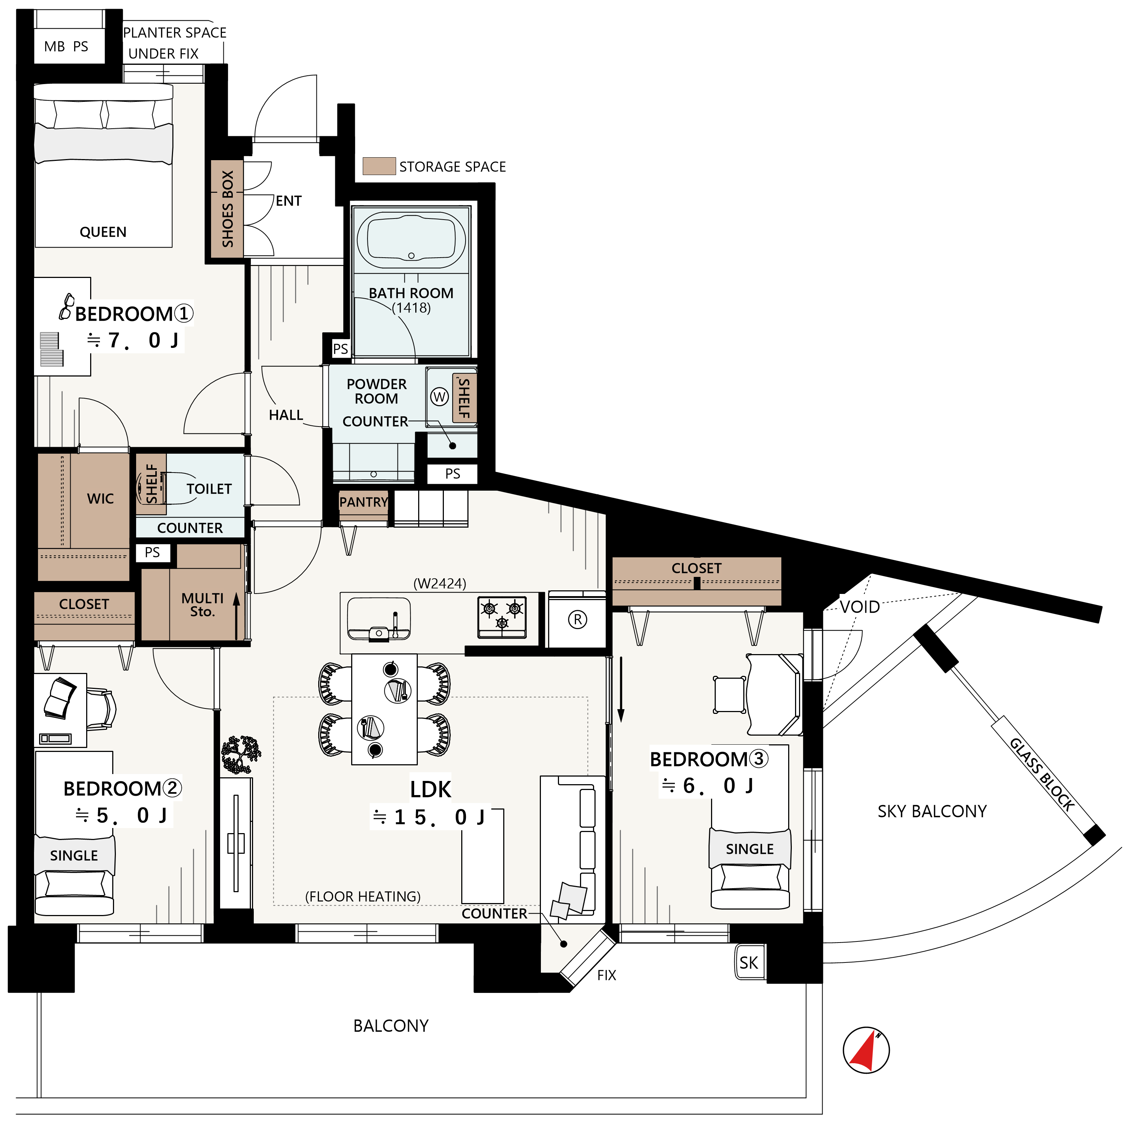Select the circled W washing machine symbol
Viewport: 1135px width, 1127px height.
440,397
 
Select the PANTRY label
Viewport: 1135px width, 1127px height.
363,502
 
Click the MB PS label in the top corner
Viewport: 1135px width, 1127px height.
66,46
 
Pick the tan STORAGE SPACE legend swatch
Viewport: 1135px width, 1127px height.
379,166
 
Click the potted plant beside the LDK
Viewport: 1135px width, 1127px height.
241,754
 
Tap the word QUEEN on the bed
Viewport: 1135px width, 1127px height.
104,232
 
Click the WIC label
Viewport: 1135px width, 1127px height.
100,499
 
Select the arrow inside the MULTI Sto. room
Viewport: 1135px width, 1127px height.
237,616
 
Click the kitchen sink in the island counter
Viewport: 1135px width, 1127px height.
379,619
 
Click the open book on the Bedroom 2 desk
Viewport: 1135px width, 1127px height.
60,698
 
